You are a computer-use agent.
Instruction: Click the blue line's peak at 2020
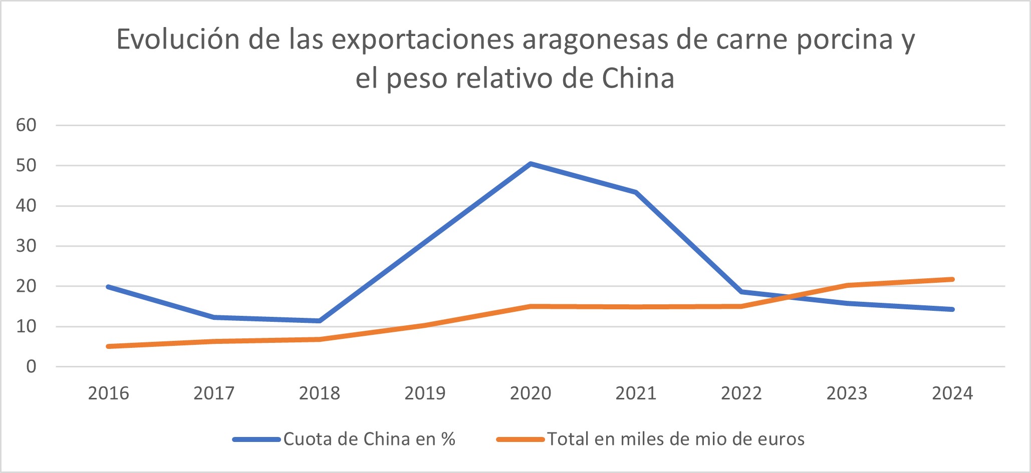click(x=531, y=164)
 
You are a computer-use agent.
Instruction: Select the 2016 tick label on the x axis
click(x=108, y=393)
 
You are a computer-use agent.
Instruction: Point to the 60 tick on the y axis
click(x=27, y=125)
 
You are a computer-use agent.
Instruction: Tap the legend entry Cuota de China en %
click(x=369, y=439)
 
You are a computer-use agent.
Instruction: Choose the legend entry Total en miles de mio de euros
click(x=675, y=439)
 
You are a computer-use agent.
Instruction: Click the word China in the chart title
click(x=638, y=79)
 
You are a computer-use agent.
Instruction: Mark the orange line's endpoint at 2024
click(x=952, y=279)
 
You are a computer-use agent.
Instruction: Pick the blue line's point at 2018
click(x=319, y=321)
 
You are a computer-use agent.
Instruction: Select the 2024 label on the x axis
click(x=952, y=393)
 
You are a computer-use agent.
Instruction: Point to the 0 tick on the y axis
click(x=31, y=367)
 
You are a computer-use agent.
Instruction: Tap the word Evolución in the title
click(x=178, y=40)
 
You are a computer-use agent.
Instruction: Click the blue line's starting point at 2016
click(x=108, y=287)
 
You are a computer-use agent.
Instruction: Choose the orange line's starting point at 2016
click(x=108, y=346)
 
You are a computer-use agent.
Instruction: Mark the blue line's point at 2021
click(x=636, y=192)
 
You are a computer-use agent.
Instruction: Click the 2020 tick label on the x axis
click(x=531, y=393)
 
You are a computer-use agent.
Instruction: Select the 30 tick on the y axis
click(x=27, y=246)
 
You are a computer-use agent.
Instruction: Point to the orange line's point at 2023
click(x=847, y=285)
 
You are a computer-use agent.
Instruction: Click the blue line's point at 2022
click(x=741, y=291)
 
